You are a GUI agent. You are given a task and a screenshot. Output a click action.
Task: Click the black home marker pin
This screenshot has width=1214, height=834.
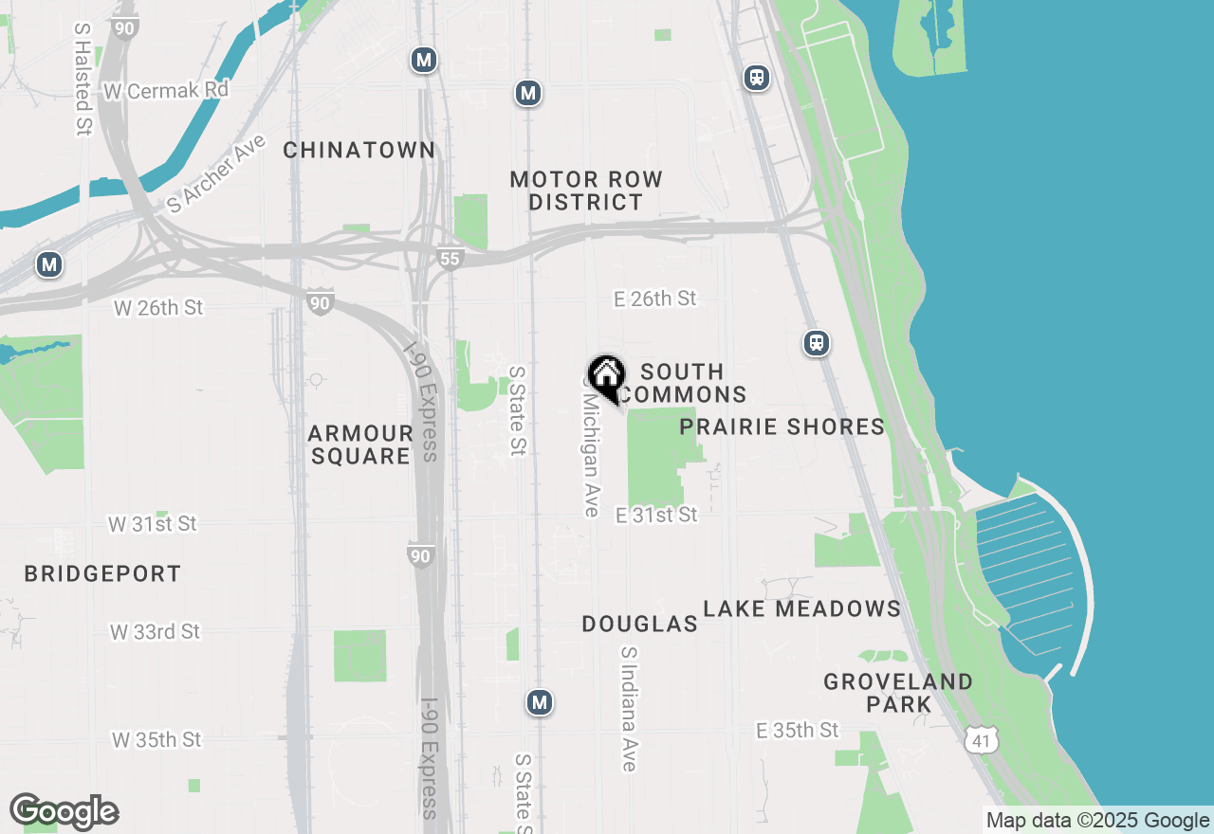606,377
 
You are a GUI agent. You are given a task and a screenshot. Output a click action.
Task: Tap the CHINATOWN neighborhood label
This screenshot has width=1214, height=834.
359,150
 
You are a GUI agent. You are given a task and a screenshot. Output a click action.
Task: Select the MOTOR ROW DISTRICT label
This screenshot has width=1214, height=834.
586,190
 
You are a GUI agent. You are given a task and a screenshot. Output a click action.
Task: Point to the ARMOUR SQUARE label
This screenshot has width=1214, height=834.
360,444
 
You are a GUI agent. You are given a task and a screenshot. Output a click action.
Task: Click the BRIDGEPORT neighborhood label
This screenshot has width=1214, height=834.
102,573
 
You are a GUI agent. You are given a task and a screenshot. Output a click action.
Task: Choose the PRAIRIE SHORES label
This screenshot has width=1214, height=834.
782,426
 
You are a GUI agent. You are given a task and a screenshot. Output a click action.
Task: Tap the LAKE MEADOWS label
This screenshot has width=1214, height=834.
802,608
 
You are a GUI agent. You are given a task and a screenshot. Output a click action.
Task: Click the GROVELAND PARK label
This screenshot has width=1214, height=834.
885,693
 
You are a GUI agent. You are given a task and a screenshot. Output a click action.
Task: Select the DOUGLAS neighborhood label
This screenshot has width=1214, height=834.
640,624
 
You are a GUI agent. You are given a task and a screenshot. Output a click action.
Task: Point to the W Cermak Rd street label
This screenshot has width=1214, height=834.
167,90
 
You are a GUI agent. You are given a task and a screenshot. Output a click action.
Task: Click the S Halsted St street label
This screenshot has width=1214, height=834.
83,80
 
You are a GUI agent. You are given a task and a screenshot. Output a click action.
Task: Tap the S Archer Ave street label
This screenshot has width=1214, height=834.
215,172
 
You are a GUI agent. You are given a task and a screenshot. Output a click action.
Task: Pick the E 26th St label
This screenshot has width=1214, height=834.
655,299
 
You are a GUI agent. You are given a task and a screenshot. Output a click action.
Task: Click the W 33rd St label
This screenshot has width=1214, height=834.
155,631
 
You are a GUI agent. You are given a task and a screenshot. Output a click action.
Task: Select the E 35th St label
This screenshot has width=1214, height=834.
798,730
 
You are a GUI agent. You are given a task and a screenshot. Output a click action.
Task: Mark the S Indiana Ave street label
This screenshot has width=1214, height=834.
629,709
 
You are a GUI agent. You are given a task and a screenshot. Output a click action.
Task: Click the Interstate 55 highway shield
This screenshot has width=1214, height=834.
450,257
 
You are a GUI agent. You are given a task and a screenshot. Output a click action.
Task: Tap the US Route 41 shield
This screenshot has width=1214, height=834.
980,741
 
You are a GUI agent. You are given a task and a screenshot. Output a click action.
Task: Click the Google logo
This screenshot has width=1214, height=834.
64,811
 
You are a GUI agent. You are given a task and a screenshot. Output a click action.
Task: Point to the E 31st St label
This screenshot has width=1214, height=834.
656,515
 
